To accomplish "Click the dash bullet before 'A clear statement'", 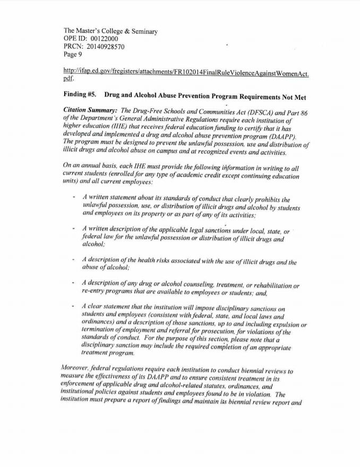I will (73, 307).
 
